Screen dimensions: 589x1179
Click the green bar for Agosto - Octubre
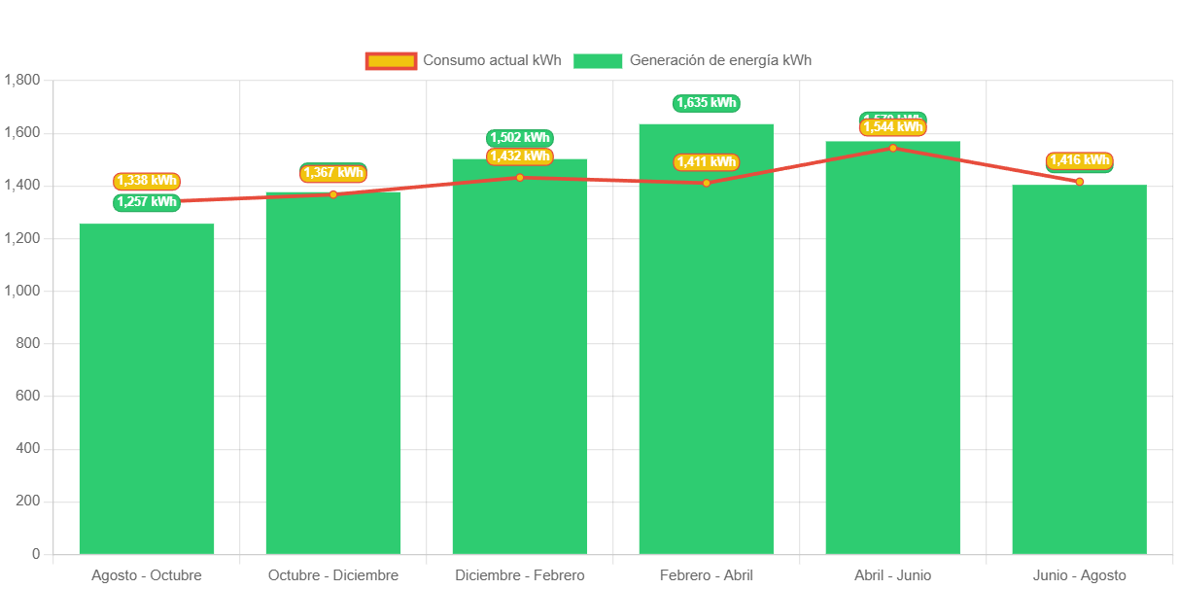(x=147, y=389)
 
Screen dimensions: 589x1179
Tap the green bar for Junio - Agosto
(x=1079, y=369)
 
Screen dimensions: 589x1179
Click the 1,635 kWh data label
(x=707, y=103)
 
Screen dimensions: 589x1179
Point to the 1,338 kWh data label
(x=147, y=181)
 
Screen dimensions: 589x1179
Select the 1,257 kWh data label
(x=147, y=202)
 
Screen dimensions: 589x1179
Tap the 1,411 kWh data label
(x=707, y=162)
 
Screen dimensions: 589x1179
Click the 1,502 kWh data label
(x=520, y=138)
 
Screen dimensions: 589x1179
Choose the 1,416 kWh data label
(x=1079, y=160)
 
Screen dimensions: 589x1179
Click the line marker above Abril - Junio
(x=892, y=148)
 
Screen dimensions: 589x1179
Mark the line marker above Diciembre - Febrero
(x=520, y=177)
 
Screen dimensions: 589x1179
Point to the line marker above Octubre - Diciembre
(x=333, y=194)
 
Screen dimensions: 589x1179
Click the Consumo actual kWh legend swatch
(x=391, y=61)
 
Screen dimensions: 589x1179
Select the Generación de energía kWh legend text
(x=720, y=60)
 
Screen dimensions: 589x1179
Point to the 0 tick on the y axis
(x=36, y=553)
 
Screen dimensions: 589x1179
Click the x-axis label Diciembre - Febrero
(x=520, y=575)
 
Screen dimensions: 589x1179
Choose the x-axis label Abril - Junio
(x=892, y=575)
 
